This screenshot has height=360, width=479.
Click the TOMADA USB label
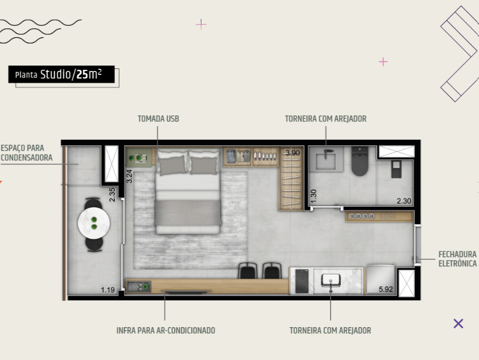[158, 119]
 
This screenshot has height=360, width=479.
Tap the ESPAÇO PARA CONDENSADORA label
[26, 153]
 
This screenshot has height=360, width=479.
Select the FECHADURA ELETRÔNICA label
[457, 259]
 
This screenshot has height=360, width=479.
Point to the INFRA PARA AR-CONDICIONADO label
[166, 331]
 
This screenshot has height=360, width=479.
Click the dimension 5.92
[386, 290]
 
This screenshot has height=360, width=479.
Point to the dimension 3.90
[293, 153]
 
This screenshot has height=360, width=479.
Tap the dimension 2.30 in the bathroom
[404, 201]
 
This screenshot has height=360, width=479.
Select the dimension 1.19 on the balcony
[107, 290]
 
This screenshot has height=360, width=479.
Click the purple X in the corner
[458, 324]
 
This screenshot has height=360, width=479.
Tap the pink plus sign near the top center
[201, 24]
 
